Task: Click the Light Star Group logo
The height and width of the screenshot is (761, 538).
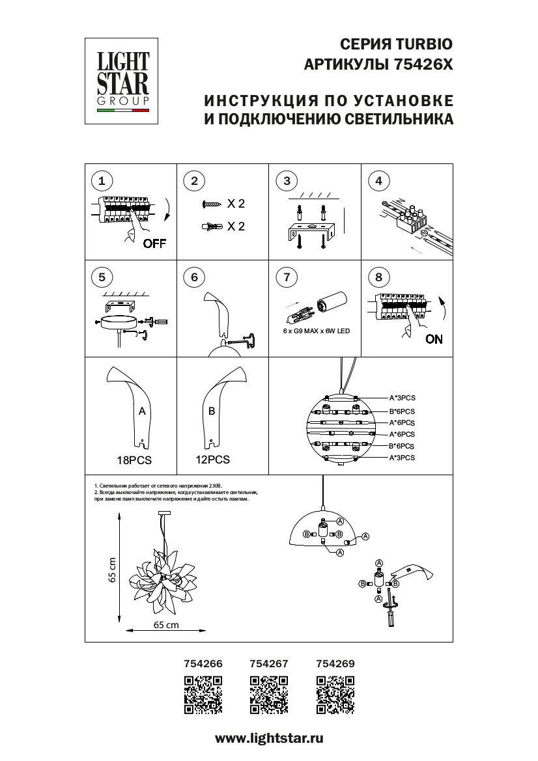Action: pos(123,80)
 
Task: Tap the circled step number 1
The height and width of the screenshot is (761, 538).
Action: pos(101,180)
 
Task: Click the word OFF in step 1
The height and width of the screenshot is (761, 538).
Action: pos(154,244)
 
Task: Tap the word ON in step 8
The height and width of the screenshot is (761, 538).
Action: pos(434,339)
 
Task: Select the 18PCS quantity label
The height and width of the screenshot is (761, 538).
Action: pos(134,460)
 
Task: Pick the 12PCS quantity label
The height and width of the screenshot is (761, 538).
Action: pos(212,460)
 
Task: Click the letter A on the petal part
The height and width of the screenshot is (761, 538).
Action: pos(141,411)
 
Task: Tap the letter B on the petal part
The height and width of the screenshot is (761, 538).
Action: pos(211,411)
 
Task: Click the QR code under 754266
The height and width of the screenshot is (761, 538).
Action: pos(204,696)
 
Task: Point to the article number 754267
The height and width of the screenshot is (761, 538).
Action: pos(269,664)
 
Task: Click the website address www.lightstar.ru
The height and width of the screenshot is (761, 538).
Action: pos(269,738)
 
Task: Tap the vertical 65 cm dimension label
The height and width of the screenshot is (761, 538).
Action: pos(112,570)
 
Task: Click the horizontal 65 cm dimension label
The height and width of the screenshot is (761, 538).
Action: pos(166,625)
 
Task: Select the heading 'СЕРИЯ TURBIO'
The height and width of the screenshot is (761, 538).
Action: pos(395,44)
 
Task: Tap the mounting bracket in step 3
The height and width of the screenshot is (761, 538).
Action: pos(311,230)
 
